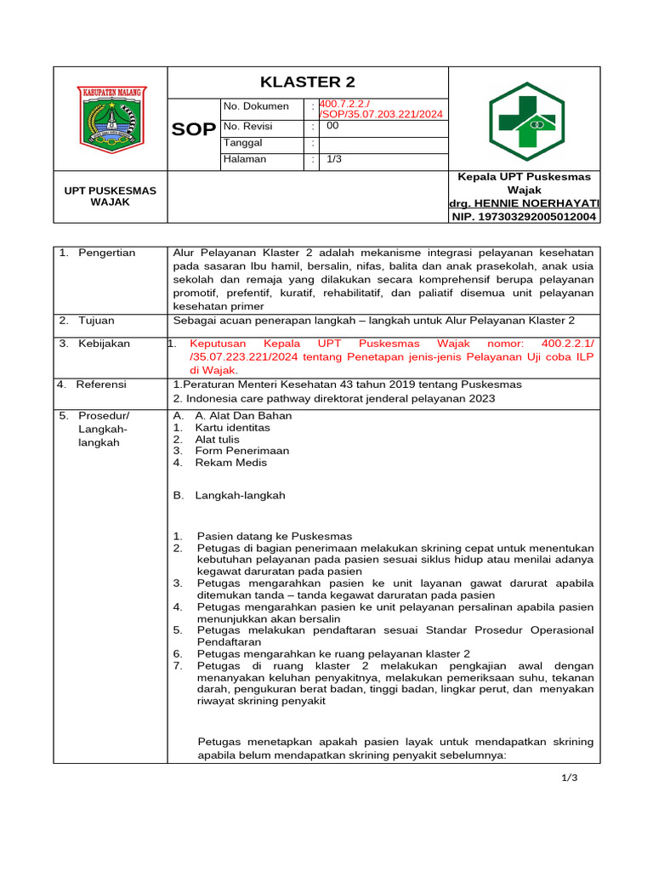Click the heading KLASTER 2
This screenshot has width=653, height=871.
307,83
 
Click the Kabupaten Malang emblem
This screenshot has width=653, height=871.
111,119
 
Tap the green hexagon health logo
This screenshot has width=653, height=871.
525,122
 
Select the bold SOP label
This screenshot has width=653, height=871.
194,130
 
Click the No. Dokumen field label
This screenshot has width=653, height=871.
256,107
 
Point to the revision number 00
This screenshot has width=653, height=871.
333,125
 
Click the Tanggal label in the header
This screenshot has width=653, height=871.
243,143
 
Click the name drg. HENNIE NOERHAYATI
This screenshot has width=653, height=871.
525,204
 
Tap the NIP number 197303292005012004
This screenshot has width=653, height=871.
525,217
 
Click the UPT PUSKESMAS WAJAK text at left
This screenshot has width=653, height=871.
111,196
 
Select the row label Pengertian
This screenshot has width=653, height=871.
107,253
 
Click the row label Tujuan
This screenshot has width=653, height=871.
97,321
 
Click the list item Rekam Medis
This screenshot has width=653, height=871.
230,463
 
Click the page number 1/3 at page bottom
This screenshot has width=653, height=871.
569,777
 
